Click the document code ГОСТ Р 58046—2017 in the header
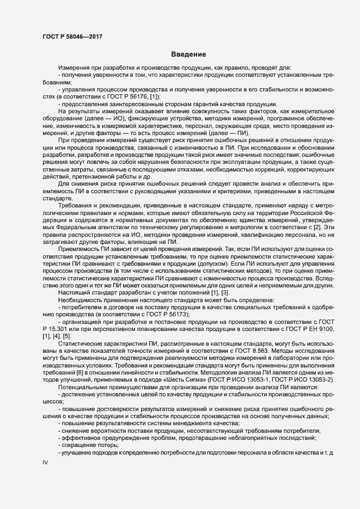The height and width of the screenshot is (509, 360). (72, 36)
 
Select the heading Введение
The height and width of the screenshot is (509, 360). (188, 54)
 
